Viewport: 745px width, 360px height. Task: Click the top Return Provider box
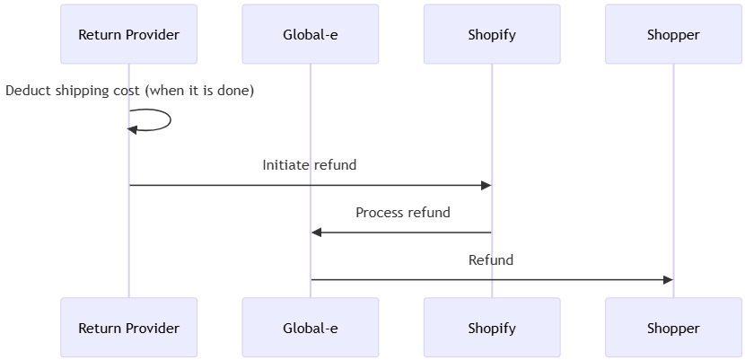(x=128, y=35)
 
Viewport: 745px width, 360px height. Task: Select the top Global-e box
(x=310, y=35)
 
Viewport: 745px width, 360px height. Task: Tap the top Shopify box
(x=492, y=35)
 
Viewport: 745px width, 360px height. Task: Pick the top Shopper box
(x=673, y=35)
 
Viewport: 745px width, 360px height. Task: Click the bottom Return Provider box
(x=128, y=328)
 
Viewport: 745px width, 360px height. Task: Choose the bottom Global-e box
(x=310, y=328)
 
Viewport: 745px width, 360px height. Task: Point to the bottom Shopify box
(x=492, y=328)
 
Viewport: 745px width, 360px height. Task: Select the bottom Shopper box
(x=673, y=328)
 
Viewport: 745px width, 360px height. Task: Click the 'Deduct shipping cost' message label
(x=129, y=91)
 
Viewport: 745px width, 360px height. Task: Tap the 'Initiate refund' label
(x=310, y=165)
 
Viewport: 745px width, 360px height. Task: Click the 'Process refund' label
(x=402, y=213)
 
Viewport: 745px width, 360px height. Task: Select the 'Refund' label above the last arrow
(x=491, y=260)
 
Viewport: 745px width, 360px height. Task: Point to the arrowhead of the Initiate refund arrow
(x=486, y=185)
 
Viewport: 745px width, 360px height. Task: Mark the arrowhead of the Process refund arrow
(x=317, y=233)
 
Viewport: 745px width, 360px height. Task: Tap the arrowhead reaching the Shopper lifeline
(x=667, y=280)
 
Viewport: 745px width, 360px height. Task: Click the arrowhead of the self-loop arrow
(x=133, y=129)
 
